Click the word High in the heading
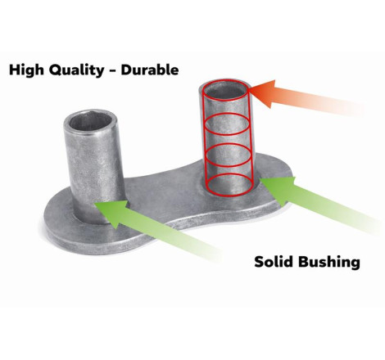point(26,70)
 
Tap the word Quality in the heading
point(76,70)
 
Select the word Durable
point(150,70)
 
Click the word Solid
point(274,262)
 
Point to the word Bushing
point(329,263)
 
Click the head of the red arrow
point(264,93)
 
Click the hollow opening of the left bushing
point(91,124)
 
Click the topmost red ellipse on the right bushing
point(226,90)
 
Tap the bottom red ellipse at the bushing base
point(229,184)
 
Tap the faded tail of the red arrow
point(342,105)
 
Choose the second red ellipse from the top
point(227,124)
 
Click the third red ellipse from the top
point(228,155)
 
